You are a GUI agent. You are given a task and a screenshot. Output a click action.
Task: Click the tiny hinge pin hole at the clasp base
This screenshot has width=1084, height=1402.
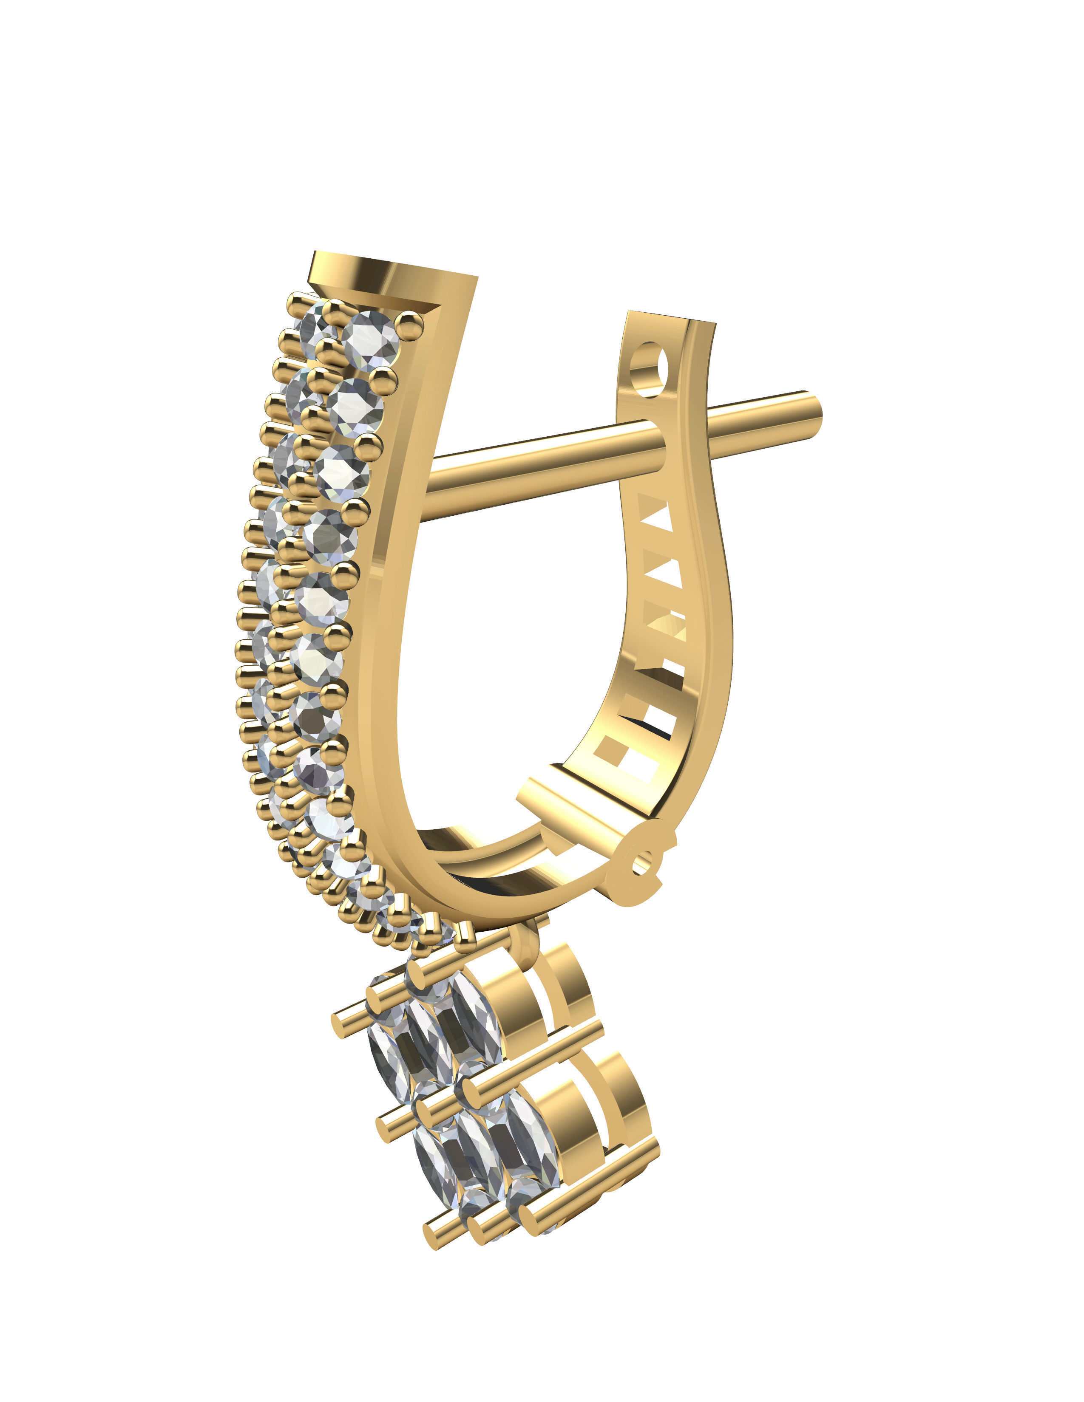pyautogui.click(x=642, y=863)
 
